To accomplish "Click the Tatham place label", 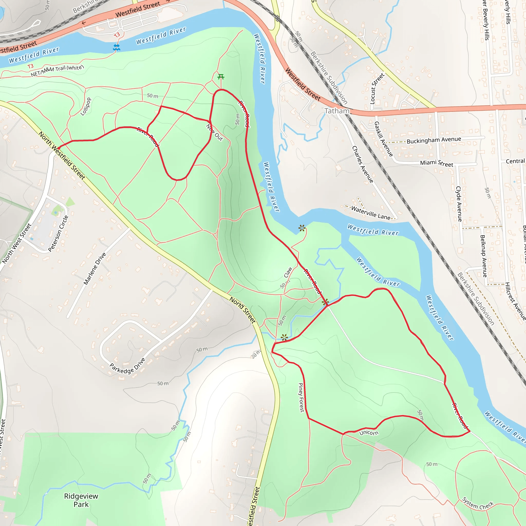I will pos(337,111).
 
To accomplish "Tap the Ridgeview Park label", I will pos(81,500).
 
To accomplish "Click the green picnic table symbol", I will pos(221,77).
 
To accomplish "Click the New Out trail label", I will pos(214,133).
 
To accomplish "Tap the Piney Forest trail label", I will pos(301,398).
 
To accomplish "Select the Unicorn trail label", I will pos(369,433).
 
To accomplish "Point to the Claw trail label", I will pos(288,272).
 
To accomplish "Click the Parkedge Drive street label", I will pos(127,366).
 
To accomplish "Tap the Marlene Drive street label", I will pos(95,268).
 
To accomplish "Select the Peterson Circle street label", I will pos(58,234).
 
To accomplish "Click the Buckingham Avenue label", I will pos(434,140).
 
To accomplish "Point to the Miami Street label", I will pos(437,163).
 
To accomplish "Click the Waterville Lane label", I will pos(371,213).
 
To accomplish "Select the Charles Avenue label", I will pos(363,164).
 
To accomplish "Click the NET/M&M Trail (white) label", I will pos(57,71).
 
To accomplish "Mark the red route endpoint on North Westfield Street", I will pos(59,148).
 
